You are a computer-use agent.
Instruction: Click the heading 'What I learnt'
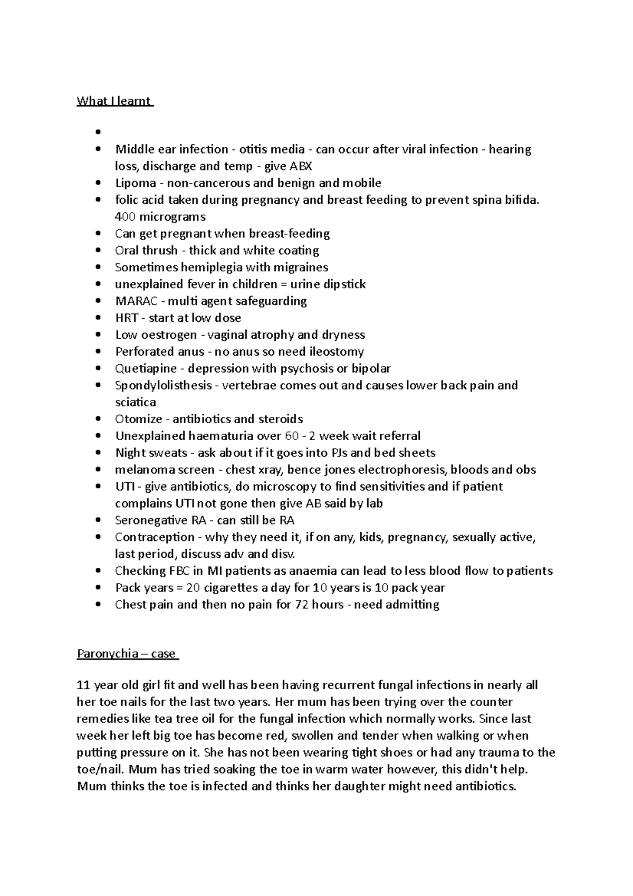114,101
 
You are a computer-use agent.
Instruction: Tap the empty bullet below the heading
98,132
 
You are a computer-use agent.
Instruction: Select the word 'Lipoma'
136,183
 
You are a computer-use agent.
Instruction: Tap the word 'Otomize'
139,419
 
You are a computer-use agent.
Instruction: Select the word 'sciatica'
136,402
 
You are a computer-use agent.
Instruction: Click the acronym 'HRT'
127,318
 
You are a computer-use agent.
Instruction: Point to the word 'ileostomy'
337,351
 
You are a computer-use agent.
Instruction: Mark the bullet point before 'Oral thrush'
98,251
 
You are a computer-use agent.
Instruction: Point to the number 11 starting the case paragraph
83,685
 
